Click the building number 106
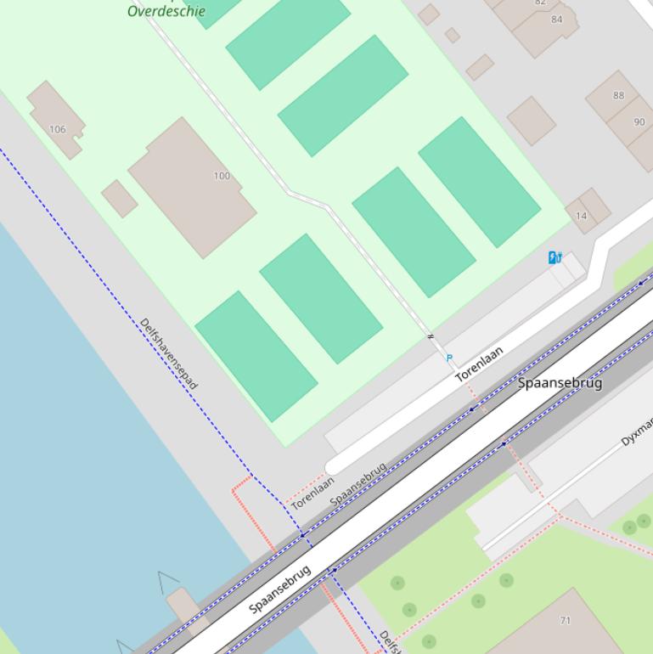57,130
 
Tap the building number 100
222,176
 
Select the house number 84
557,20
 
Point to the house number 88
618,96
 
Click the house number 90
639,122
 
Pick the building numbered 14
581,216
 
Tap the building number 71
566,621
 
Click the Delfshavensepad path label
169,353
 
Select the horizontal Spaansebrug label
560,383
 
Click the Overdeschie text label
166,11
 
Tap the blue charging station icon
554,257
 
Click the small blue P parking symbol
449,358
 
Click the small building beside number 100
120,199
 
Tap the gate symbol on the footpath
431,337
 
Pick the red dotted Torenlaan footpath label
312,493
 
